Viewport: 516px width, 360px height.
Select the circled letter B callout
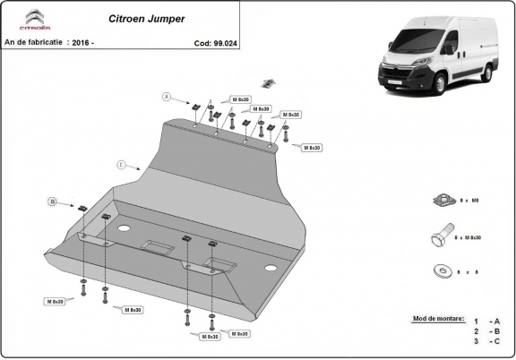(52, 203)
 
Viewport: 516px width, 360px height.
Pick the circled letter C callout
(120, 165)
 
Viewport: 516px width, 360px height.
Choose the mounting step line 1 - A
(487, 321)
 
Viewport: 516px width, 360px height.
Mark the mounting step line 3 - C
(487, 342)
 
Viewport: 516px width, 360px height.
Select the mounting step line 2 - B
(487, 331)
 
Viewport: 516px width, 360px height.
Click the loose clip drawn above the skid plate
(266, 83)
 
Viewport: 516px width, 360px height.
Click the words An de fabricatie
(33, 42)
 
